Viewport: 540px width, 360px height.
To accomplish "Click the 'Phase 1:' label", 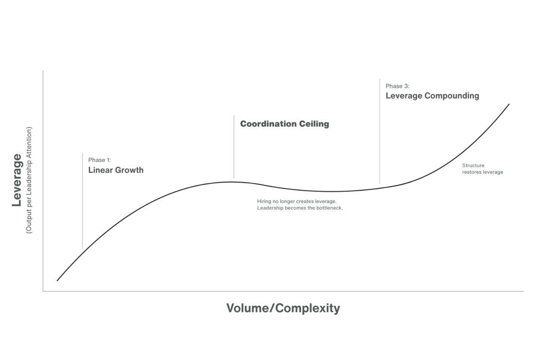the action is coord(99,160).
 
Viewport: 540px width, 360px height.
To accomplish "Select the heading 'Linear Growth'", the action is coord(116,170).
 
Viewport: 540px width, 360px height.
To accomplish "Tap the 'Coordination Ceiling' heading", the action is coord(284,124).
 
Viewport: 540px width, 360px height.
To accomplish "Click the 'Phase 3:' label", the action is coord(397,86).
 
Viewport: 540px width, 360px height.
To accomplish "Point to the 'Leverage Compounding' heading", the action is coord(432,96).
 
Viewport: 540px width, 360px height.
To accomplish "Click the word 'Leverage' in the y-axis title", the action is coord(17,180).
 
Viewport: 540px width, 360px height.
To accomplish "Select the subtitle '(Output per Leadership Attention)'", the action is coord(29,180).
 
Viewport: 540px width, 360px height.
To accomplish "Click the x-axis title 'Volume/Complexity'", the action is coord(283,308).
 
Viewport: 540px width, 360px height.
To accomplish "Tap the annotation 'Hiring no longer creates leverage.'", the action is coord(297,201).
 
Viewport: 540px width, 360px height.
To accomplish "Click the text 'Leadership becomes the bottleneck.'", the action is coord(300,208).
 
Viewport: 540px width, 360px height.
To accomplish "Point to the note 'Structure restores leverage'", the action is coord(482,169).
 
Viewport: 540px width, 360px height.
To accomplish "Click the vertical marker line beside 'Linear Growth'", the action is coord(82,201).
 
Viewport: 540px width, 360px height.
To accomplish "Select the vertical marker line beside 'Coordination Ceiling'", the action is coord(234,147).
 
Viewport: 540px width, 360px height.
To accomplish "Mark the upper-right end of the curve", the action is coord(509,104).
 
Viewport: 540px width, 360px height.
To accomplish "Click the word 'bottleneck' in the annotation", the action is coord(329,208).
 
